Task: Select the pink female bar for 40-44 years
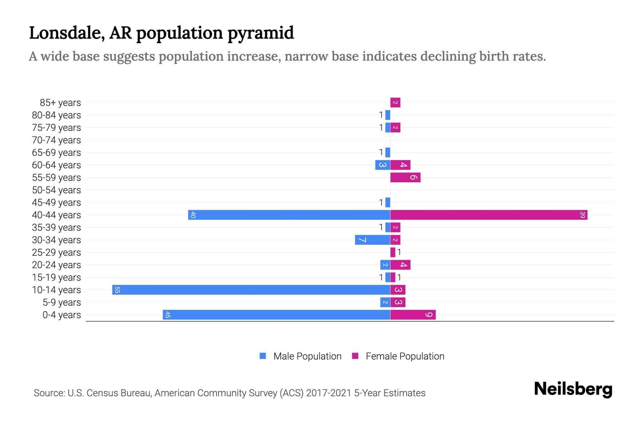tap(489, 215)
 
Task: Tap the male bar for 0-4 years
tap(276, 315)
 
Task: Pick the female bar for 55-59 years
tap(405, 177)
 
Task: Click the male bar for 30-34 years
tap(372, 240)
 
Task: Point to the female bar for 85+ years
tap(395, 102)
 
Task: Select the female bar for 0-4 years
tap(413, 315)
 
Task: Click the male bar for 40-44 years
tap(289, 215)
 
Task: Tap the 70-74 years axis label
tap(56, 140)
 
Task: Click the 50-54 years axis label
tap(56, 190)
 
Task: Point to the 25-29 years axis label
tap(56, 253)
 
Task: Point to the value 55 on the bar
tap(117, 290)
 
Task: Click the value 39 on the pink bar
tap(582, 215)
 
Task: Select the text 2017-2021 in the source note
tap(328, 393)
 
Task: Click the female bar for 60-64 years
tap(400, 165)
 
